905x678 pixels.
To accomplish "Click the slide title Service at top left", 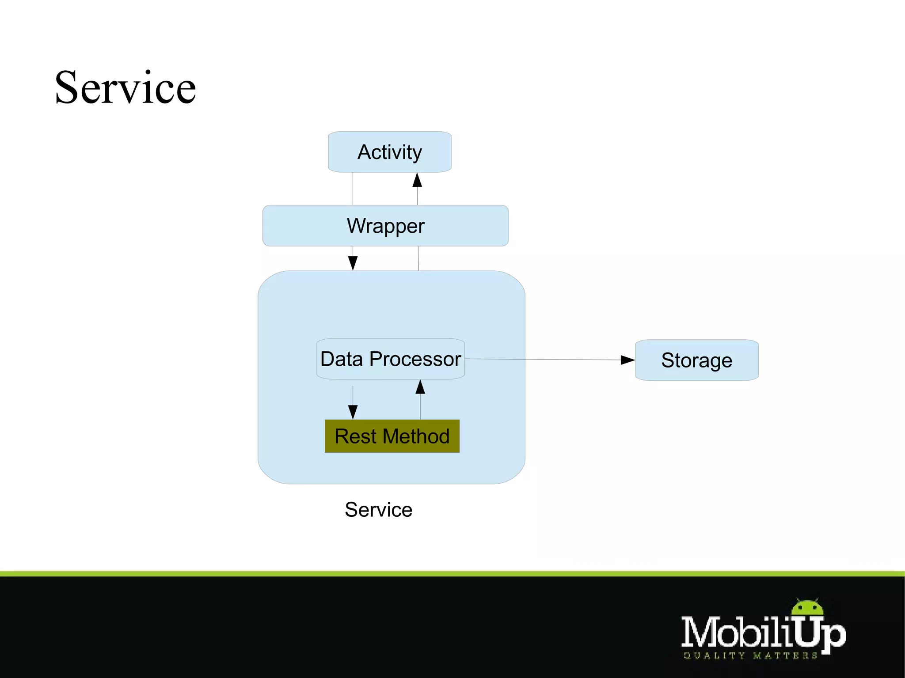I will pos(125,88).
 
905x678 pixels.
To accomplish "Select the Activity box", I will pos(389,152).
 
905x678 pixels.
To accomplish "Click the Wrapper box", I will pos(385,226).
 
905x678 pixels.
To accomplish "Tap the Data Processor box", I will pos(391,359).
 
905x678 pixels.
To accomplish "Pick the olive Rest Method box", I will pos(392,436).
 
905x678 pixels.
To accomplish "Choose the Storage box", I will pos(696,360).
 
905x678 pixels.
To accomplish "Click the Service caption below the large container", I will pos(378,510).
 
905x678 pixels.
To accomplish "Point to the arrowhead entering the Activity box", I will pos(417,180).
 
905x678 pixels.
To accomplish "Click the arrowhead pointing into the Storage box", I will pos(627,360).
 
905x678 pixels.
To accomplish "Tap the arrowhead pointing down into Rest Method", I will pos(353,412).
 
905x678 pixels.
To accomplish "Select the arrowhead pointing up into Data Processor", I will pos(420,387).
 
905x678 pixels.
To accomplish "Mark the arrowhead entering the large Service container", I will pos(353,263).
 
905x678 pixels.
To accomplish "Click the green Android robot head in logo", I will pos(807,608).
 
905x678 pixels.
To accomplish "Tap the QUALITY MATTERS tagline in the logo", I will pos(750,656).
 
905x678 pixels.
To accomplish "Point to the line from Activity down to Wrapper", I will pos(353,189).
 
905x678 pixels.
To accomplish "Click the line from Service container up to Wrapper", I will pos(418,258).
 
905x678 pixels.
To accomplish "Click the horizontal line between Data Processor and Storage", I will pos(544,360).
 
